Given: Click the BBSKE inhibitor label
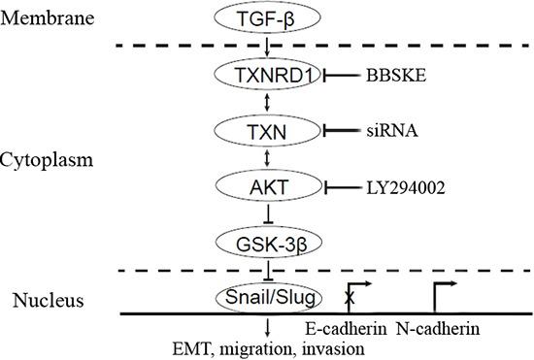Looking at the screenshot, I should (x=394, y=74).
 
